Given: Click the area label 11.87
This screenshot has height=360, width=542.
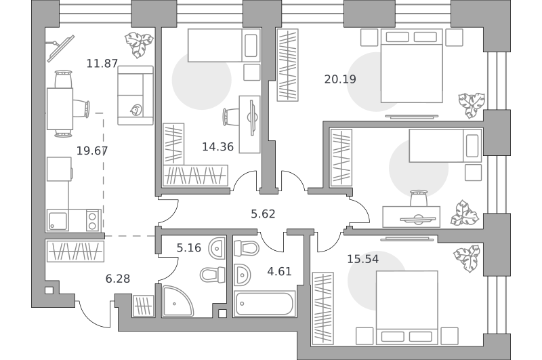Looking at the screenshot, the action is [102, 64].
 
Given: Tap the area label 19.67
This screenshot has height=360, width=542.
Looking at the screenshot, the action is [92, 151].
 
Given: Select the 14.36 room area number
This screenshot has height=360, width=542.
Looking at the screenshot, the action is [217, 147].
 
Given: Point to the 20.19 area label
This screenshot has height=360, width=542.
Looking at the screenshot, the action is [340, 79].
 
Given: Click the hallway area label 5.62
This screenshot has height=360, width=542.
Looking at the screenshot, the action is [263, 214].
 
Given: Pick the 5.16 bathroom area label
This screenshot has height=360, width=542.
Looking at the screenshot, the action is [189, 247].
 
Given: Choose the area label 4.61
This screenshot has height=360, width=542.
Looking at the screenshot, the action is [279, 271].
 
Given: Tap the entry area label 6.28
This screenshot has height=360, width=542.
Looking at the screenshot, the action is [118, 279].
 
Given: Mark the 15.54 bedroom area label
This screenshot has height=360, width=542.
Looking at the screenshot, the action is [362, 259].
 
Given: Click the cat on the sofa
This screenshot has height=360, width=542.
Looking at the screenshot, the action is [135, 110].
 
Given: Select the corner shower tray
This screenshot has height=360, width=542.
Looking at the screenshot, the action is [178, 300].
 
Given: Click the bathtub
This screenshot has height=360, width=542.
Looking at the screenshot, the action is [265, 304].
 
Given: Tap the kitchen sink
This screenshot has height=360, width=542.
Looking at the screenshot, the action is [58, 221].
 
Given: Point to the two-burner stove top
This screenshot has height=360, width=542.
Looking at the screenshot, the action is [92, 220].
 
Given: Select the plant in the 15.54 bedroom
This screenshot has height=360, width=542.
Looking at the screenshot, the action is [467, 259].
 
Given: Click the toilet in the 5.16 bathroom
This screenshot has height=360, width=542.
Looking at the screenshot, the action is [212, 275].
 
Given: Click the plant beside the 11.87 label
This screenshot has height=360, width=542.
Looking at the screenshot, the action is [139, 45].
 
